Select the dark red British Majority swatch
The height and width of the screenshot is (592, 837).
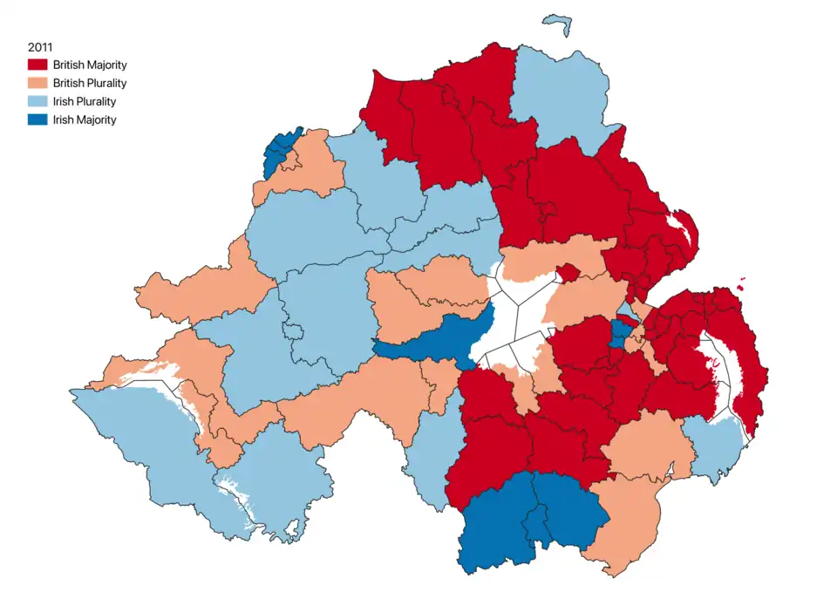[37, 65]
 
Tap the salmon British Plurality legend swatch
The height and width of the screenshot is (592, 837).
[37, 83]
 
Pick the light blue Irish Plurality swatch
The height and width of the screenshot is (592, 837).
[37, 101]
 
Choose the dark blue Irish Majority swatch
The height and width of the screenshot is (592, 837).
[37, 119]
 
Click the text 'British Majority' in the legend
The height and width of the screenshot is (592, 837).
[89, 65]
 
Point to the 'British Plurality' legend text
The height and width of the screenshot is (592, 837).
[89, 83]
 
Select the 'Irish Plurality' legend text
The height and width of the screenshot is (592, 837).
[84, 101]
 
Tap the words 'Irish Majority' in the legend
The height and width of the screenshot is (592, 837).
[84, 119]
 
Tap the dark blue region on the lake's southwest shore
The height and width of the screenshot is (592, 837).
[427, 340]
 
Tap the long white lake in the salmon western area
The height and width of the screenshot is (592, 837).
[166, 380]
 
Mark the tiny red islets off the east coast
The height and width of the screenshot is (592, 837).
[742, 281]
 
